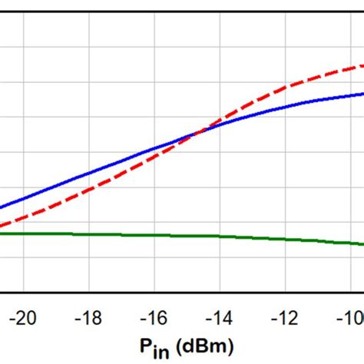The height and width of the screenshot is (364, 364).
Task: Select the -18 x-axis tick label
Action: point(89,317)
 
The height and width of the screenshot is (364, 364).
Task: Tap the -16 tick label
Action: point(154,317)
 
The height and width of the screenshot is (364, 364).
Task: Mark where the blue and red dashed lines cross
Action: point(197,133)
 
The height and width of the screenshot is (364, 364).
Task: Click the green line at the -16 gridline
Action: point(154,235)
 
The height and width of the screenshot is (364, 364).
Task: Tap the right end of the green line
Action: point(362,245)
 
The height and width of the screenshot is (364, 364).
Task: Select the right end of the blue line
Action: point(362,94)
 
